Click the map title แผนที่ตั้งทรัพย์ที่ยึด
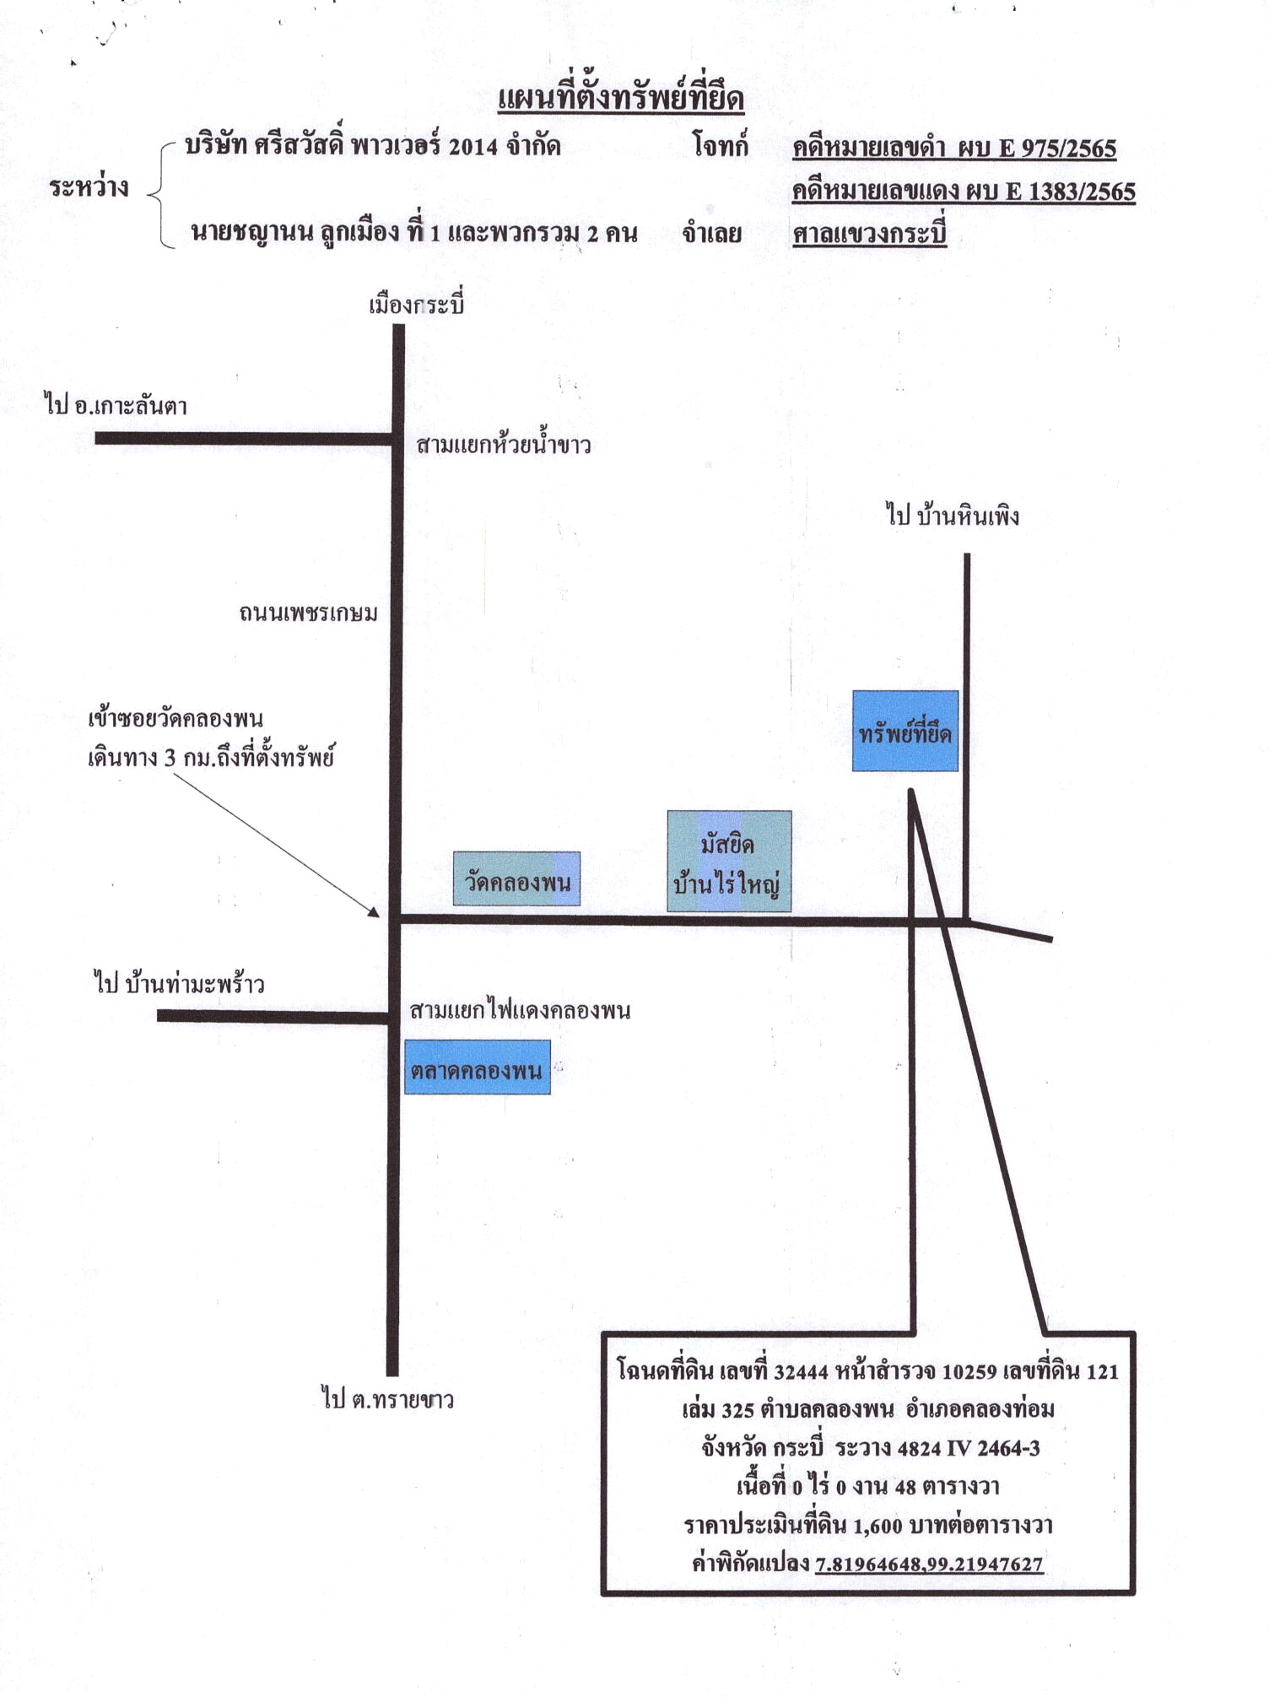point(620,98)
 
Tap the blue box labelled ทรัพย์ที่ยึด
point(904,731)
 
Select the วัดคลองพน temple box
point(516,878)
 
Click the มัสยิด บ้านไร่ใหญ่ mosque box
point(729,862)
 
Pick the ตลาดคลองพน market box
point(478,1067)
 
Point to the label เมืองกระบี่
point(416,303)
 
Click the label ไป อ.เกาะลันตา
point(116,404)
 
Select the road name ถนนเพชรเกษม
point(308,613)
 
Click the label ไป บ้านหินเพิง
point(953,514)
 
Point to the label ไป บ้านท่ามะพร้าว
point(179,983)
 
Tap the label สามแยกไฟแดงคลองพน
point(520,1009)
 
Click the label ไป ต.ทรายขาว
point(388,1398)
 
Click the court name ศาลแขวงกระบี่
point(869,233)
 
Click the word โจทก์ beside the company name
point(721,145)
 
